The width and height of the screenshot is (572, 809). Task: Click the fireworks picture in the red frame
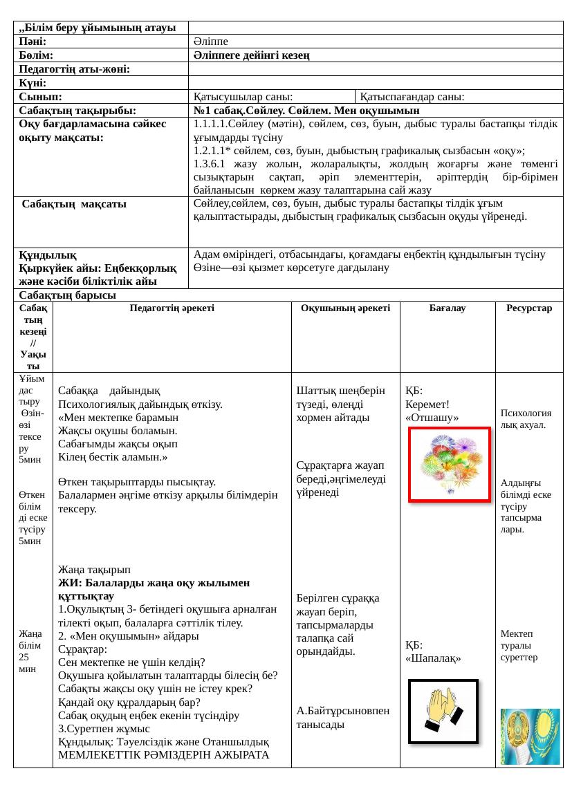click(x=450, y=463)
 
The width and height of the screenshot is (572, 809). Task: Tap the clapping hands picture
click(x=443, y=711)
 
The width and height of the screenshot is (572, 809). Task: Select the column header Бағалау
click(x=448, y=309)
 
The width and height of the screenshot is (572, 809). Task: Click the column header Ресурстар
click(x=529, y=309)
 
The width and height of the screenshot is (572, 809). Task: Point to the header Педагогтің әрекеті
click(x=172, y=309)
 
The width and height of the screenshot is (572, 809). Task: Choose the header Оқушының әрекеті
click(x=346, y=309)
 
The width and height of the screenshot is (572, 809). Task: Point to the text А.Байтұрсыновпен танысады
click(x=342, y=717)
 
